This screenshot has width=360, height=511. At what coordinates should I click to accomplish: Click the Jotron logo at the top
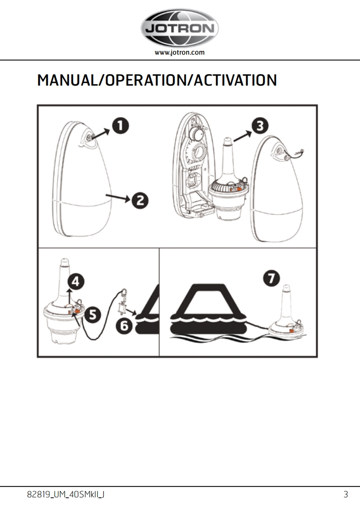click(x=179, y=29)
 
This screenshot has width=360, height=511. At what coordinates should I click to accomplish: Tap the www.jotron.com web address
click(x=179, y=52)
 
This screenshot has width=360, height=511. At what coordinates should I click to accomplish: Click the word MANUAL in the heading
click(x=67, y=81)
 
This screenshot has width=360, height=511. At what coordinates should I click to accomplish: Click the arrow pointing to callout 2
click(x=117, y=197)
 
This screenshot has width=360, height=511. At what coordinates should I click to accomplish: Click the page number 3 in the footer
click(x=345, y=494)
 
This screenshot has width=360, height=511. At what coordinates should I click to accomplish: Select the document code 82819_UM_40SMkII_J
click(x=66, y=494)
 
